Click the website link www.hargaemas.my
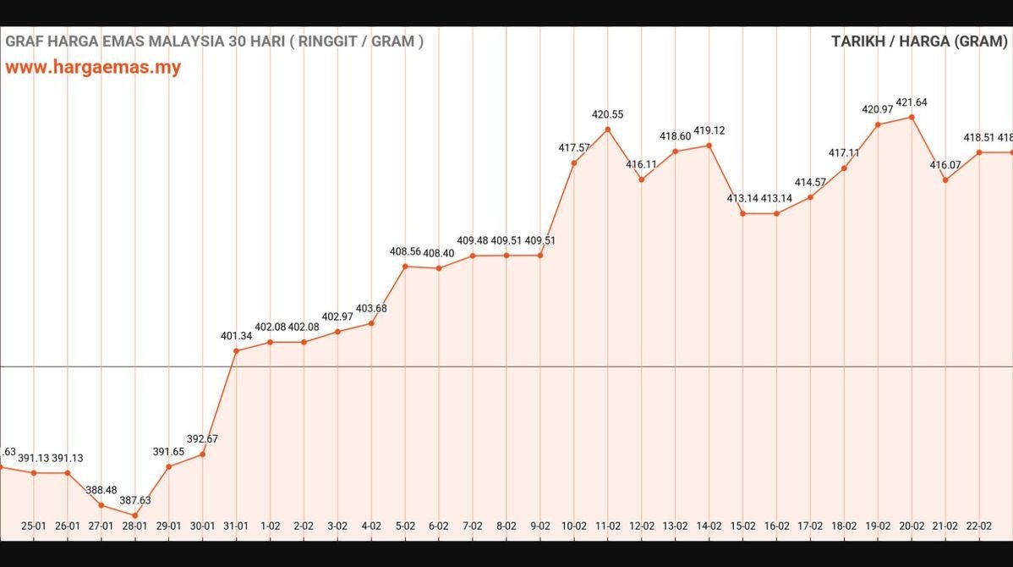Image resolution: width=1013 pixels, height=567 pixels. click(93, 68)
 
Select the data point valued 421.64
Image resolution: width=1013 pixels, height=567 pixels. click(912, 118)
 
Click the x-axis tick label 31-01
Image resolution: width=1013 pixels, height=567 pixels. click(236, 526)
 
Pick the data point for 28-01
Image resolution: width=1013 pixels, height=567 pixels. click(134, 515)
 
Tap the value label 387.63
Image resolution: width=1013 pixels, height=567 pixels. click(134, 500)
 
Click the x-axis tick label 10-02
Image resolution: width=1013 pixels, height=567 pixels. click(573, 526)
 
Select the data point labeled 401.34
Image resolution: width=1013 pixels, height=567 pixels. click(236, 350)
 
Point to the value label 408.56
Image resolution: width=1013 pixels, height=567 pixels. click(405, 251)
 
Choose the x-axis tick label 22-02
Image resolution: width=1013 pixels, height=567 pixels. click(978, 526)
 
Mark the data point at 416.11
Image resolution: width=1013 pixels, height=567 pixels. click(641, 179)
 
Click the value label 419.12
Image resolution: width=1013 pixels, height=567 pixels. click(709, 130)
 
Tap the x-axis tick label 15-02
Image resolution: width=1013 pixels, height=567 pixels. click(742, 526)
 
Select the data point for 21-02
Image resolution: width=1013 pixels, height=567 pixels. click(945, 179)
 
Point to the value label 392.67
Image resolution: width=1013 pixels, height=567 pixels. click(202, 438)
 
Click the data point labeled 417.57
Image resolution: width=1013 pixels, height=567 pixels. click(573, 162)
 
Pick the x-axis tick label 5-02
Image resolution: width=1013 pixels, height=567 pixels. click(405, 526)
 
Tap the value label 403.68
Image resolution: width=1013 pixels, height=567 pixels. click(371, 308)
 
